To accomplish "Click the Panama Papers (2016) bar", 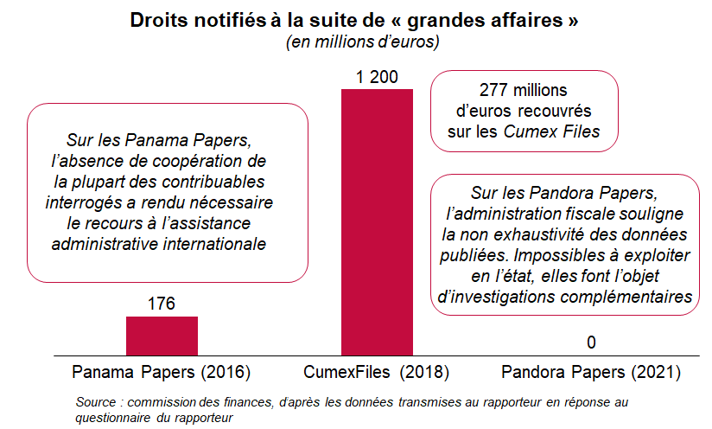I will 162,336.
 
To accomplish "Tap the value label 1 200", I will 377,78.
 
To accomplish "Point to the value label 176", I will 162,304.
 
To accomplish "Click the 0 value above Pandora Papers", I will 591,343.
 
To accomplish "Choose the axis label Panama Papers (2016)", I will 162,373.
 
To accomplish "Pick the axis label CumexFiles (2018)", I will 377,373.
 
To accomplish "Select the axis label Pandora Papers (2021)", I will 591,373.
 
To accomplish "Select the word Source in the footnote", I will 95,403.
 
